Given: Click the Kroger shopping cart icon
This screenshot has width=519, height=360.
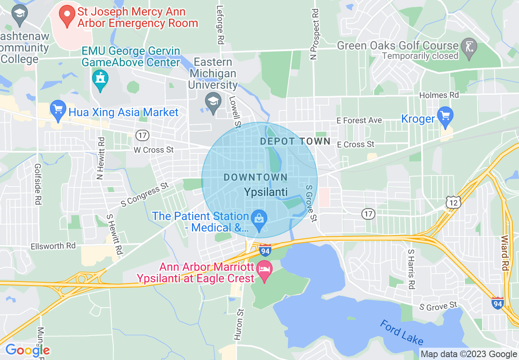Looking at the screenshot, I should point(445,116).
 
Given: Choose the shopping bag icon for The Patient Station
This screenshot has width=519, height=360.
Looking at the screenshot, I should point(259,218).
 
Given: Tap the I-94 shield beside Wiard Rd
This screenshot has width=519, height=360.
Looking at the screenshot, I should point(497,303).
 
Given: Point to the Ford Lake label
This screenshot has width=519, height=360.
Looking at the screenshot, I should point(402,333).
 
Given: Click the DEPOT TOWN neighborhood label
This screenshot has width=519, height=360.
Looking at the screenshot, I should point(295,142).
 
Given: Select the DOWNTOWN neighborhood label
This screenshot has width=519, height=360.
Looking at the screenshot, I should point(255,178).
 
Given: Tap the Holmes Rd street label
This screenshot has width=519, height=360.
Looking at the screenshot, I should point(439,95).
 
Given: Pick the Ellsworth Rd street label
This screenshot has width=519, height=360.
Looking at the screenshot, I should point(53,246).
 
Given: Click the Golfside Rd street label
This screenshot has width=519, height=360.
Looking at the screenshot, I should point(38,184).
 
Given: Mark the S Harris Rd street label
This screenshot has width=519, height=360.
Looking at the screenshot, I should point(411,269).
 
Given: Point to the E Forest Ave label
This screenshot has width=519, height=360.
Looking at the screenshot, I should point(359,120).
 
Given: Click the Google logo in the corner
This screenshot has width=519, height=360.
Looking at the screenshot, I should point(27,350).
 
